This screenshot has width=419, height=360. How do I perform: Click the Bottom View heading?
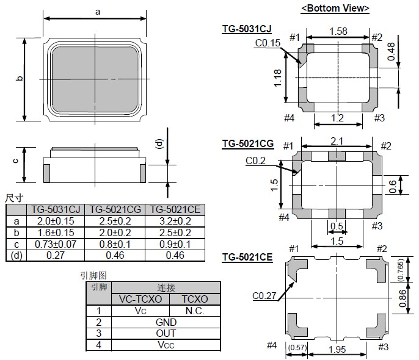point(335,8)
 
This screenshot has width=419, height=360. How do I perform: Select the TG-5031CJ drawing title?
point(247,29)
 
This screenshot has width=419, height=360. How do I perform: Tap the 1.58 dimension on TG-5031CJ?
point(338,31)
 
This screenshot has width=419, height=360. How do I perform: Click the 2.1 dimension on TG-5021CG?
point(337,141)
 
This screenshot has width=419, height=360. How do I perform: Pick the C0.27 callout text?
point(264,297)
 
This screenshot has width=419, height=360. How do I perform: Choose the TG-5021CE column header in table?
point(167,209)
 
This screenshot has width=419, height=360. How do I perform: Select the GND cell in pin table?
point(166,322)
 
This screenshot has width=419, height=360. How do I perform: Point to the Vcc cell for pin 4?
point(166,345)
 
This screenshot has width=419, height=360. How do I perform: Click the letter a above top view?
point(97,10)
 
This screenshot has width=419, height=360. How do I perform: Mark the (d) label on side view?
point(160,144)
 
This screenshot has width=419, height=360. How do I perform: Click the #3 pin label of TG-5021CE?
point(383,347)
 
